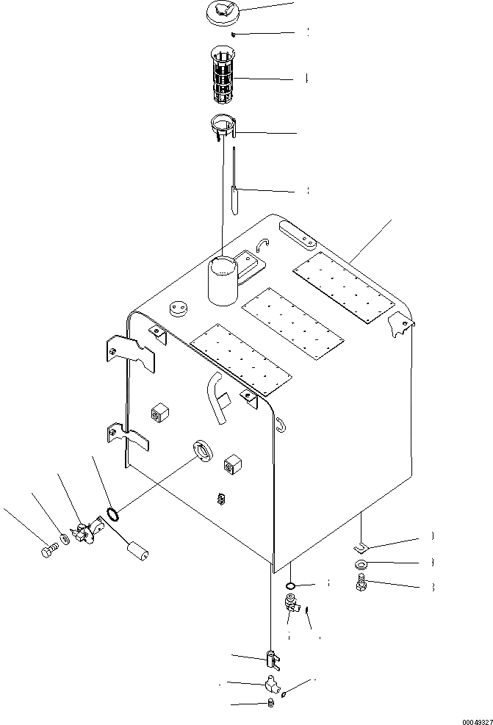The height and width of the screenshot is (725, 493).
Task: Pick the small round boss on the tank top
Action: coord(179,309)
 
